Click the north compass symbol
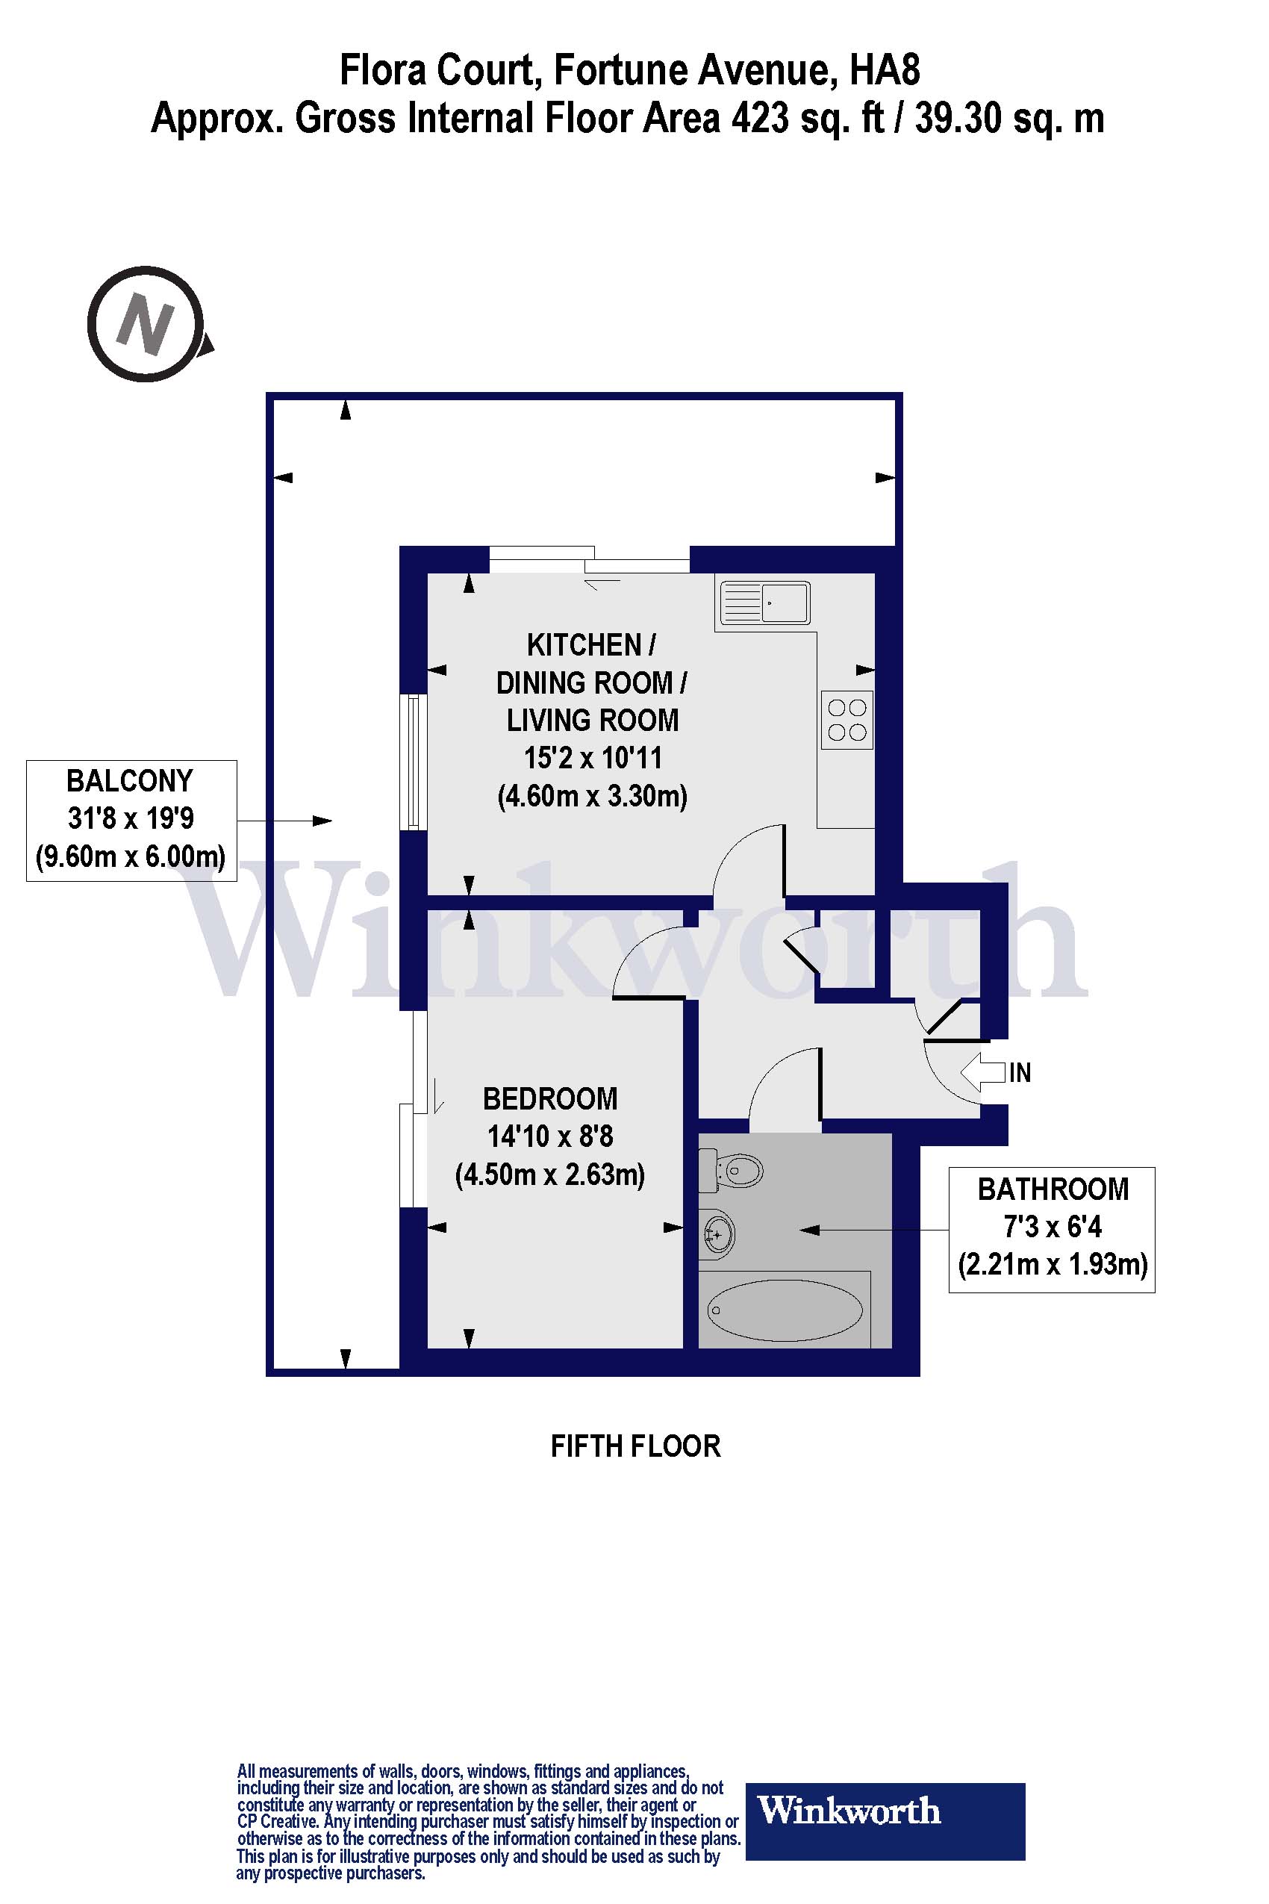(x=146, y=324)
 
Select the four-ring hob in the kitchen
(x=847, y=720)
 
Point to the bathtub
(x=785, y=1309)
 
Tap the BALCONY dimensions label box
(x=131, y=819)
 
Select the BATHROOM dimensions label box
(x=1051, y=1229)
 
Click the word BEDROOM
(x=550, y=1099)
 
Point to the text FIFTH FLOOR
(x=635, y=1446)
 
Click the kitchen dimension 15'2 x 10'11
(x=593, y=759)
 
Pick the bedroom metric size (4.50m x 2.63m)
(x=550, y=1174)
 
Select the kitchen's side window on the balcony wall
(x=414, y=761)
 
